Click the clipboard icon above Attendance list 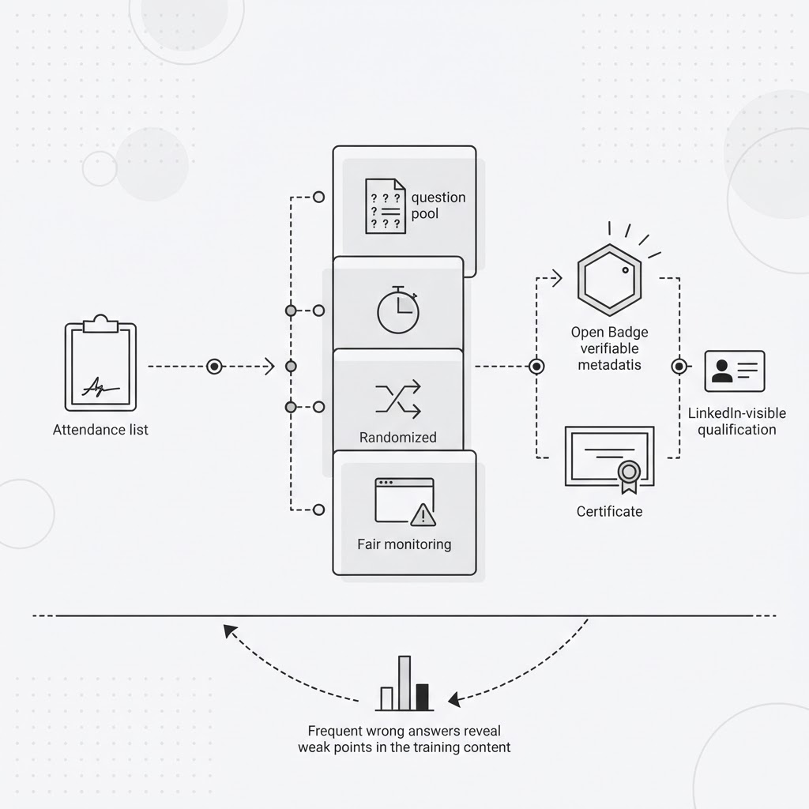click(x=100, y=363)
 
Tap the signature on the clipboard click(x=100, y=386)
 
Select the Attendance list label click(x=100, y=430)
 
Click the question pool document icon click(x=386, y=206)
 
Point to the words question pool click(x=438, y=205)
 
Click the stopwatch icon click(x=398, y=310)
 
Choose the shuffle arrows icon click(x=398, y=399)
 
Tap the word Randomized click(x=398, y=438)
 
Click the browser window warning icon click(x=405, y=502)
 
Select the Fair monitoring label click(x=404, y=544)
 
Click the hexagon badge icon click(x=610, y=280)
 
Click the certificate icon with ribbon click(x=610, y=459)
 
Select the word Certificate click(x=609, y=511)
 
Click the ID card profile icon click(x=735, y=371)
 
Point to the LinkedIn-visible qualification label click(x=737, y=422)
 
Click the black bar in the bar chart click(x=423, y=697)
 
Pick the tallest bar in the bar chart click(x=404, y=683)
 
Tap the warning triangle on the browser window click(x=423, y=515)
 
